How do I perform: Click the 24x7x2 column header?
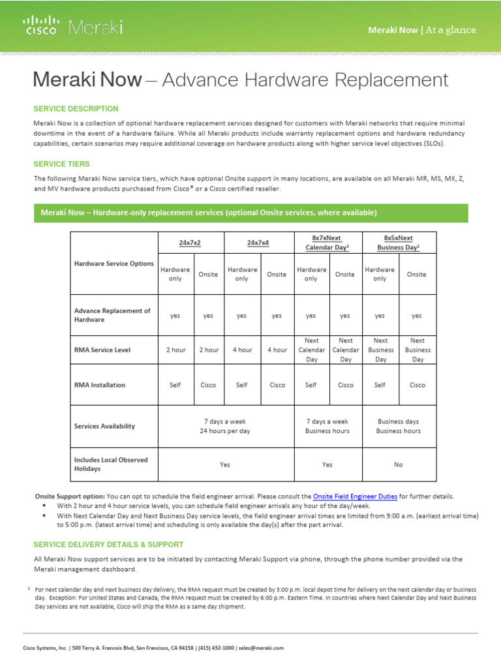click(x=190, y=242)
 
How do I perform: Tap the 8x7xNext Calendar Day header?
click(x=327, y=243)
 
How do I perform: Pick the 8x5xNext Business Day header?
click(x=398, y=243)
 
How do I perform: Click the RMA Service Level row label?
click(x=102, y=350)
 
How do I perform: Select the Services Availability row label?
click(x=105, y=426)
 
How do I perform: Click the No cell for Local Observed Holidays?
click(x=399, y=464)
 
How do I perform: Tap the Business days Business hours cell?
click(x=399, y=426)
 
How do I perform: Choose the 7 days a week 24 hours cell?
click(x=224, y=426)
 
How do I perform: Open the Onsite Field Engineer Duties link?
click(x=355, y=496)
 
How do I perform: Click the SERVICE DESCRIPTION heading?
click(x=76, y=109)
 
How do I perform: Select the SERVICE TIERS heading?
click(x=62, y=164)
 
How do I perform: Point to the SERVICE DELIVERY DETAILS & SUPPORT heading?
click(x=108, y=544)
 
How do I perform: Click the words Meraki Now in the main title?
click(x=87, y=80)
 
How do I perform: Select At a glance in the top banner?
click(x=451, y=30)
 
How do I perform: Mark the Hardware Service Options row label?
click(x=114, y=264)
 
